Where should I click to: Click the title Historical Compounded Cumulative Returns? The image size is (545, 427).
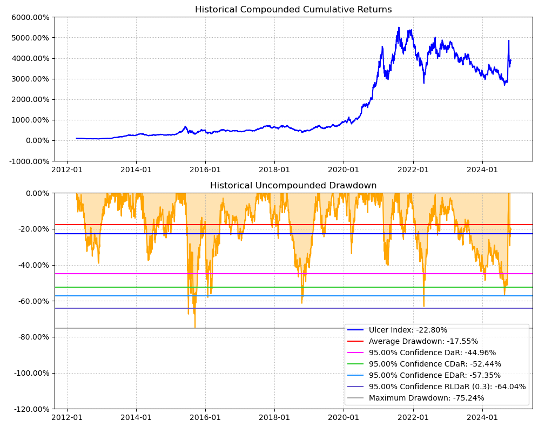pos(293,10)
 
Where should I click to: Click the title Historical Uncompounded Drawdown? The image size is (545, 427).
pos(293,186)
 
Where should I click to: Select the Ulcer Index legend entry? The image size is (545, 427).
pos(408,330)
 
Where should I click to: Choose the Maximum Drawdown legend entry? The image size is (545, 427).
pos(426,398)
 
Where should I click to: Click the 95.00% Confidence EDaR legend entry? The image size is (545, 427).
pos(434,375)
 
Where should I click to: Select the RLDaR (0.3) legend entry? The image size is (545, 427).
pos(447,387)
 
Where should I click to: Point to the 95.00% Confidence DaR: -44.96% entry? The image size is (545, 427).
pos(432,353)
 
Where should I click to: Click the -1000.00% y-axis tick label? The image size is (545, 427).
pos(31,161)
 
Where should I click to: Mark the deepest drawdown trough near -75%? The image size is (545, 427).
pos(195,327)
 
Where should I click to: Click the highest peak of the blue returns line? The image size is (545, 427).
pos(399,28)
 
